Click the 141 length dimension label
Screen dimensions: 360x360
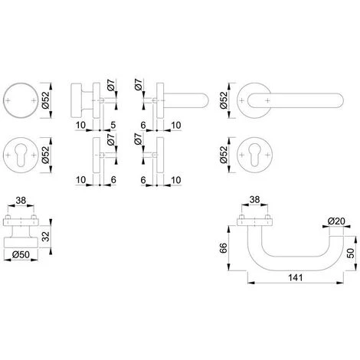(296, 277)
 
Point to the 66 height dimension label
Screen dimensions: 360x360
(224, 247)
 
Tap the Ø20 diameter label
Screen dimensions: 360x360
(336, 221)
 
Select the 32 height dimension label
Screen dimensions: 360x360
(45, 236)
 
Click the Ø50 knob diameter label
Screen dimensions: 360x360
(21, 254)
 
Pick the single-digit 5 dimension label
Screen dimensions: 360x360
(113, 125)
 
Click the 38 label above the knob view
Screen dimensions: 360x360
(21, 201)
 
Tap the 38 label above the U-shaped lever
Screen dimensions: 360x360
(254, 199)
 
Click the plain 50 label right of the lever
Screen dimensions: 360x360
(352, 253)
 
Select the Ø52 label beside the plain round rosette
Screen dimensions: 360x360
(45, 100)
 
